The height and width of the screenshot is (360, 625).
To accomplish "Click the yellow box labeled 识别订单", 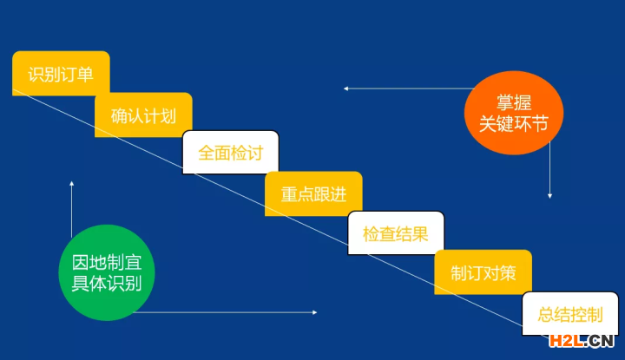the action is (x=61, y=73).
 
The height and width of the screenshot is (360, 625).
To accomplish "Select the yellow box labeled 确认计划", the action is (x=143, y=115).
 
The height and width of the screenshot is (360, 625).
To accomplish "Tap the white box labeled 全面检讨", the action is (x=230, y=153).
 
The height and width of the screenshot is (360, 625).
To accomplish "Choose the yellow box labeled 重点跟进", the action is (x=313, y=194).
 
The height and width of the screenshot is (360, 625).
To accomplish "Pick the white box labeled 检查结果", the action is (x=396, y=233).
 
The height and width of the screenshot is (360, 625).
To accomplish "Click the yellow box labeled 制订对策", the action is (x=484, y=272).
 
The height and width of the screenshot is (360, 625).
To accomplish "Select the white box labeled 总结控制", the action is (x=570, y=314).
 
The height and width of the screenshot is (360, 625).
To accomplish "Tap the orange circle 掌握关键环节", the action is (x=514, y=113).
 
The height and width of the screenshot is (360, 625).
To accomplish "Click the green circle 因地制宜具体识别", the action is (x=107, y=272).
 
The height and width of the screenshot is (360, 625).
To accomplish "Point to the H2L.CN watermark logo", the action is (x=581, y=341).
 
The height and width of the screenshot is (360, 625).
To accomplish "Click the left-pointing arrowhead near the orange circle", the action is (x=346, y=88).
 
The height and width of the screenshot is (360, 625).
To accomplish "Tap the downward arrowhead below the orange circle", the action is (x=549, y=195).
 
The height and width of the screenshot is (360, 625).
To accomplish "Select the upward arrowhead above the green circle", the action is (x=72, y=184).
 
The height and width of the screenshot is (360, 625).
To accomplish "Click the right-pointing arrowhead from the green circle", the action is (x=314, y=312).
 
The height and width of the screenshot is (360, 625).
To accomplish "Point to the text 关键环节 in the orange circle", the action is (x=513, y=124).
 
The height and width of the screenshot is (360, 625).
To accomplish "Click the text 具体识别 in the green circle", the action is (x=107, y=283).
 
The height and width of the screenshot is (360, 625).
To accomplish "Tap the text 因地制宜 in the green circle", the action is (x=107, y=263).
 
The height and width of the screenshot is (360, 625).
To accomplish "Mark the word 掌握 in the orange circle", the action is (x=514, y=102).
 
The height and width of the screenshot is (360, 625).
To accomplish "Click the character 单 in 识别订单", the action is (x=85, y=75).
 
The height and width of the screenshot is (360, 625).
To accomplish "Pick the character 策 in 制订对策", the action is (x=508, y=273).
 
